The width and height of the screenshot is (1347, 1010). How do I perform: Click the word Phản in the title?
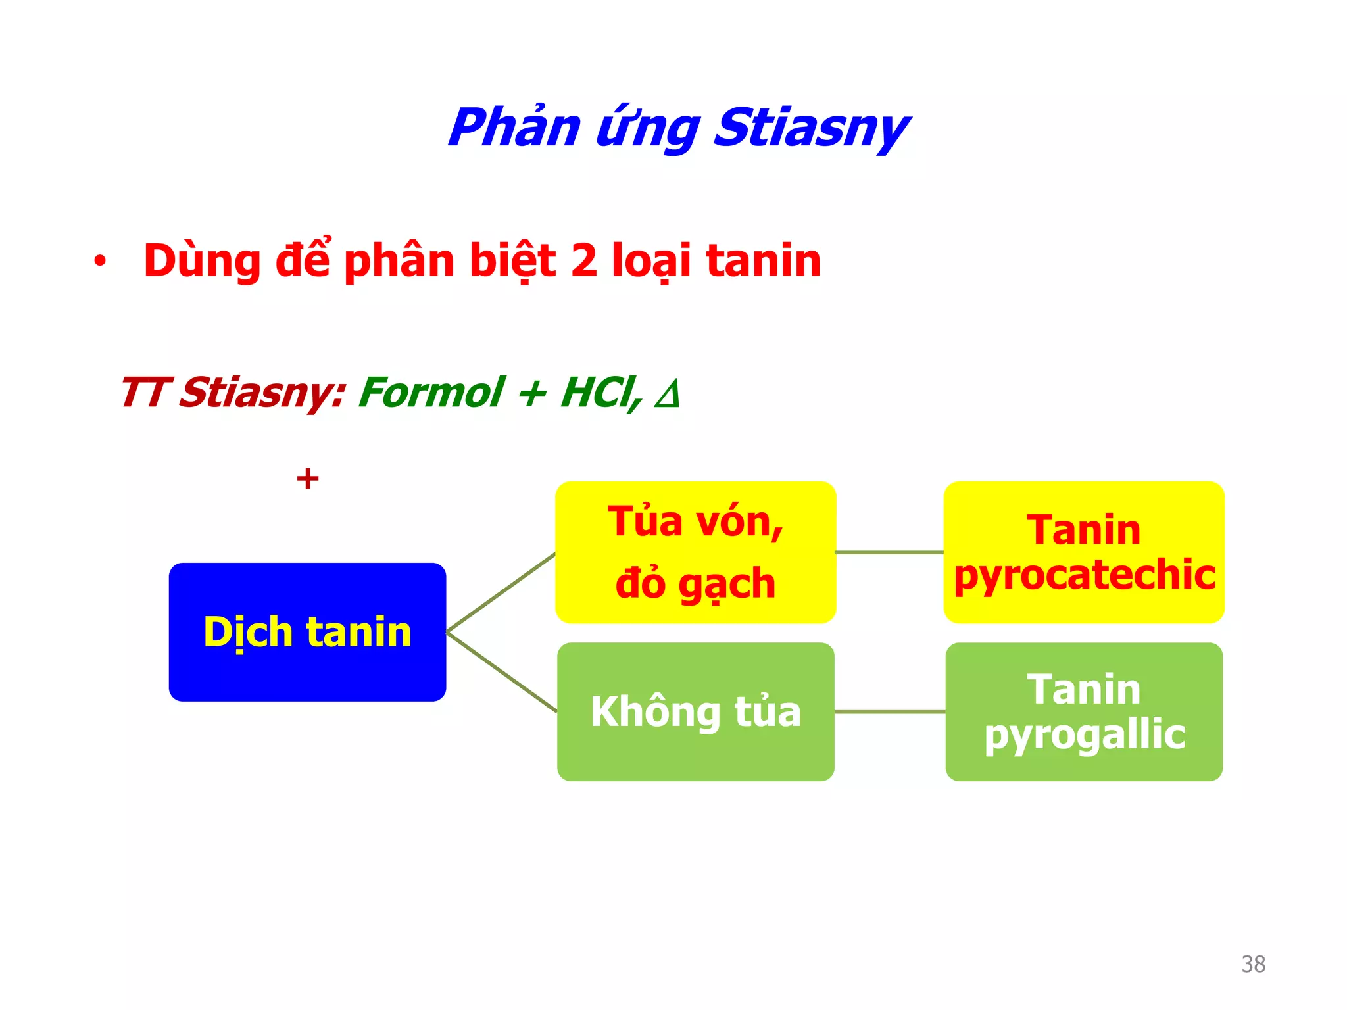click(514, 128)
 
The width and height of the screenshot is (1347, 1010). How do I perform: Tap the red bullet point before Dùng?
click(99, 262)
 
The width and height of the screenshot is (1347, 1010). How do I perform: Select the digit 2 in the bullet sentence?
click(583, 260)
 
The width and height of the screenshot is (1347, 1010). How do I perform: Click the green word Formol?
click(431, 393)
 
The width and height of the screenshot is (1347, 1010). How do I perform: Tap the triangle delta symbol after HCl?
click(667, 395)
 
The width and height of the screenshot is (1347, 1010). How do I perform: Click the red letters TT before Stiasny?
click(146, 393)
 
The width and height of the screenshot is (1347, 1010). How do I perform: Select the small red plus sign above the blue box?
click(307, 478)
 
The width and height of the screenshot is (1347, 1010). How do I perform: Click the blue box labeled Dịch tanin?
click(307, 632)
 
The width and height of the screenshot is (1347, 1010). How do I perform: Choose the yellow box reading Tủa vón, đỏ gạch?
click(695, 552)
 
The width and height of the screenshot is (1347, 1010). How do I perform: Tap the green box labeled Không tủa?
click(695, 711)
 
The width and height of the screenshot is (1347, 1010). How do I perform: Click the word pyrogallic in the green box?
click(1084, 734)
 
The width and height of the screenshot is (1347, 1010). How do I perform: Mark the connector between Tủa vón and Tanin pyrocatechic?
click(889, 552)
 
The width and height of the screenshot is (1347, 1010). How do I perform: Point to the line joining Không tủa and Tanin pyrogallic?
click(889, 711)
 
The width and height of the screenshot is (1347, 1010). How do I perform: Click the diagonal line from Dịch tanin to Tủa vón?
click(501, 592)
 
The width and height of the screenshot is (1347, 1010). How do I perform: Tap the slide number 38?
click(1253, 964)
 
